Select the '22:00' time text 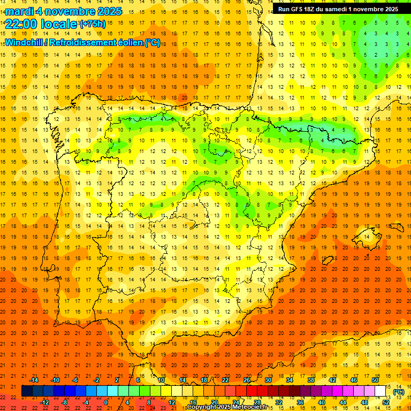click(x=21, y=24)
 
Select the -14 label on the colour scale click(x=34, y=380)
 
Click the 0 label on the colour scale click(x=106, y=402)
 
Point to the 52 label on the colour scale click(x=386, y=402)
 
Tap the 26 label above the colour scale click(x=247, y=380)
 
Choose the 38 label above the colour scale click(x=311, y=380)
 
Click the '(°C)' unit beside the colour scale click(x=399, y=392)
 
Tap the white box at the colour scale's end click(x=380, y=391)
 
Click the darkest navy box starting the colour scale click(x=27, y=391)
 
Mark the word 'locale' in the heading click(x=58, y=24)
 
